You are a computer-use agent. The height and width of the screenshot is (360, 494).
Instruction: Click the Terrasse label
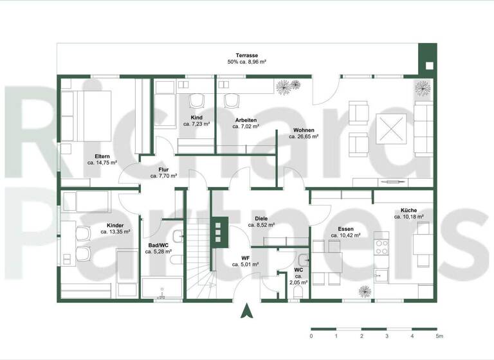tap(246, 55)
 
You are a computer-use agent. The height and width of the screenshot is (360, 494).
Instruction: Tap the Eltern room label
tap(102, 156)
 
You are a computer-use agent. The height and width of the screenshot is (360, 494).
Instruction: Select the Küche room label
tap(408, 210)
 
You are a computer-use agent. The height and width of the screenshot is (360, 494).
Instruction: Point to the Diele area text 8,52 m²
tap(262, 226)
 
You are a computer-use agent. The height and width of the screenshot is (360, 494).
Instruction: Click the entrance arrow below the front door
tap(245, 312)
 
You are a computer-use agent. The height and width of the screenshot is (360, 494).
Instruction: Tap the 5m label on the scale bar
tap(438, 336)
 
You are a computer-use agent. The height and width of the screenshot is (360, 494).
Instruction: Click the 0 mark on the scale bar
tap(311, 336)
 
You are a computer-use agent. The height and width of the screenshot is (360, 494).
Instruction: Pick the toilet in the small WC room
tap(297, 291)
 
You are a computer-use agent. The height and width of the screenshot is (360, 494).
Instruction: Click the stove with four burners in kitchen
tap(382, 247)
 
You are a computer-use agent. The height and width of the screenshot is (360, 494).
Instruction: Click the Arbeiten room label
tap(246, 120)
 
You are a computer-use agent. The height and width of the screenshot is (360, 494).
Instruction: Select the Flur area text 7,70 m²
tap(163, 175)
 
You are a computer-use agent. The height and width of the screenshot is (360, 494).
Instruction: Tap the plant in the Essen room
tap(365, 291)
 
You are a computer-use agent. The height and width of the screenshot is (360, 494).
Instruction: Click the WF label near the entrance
tap(245, 257)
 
